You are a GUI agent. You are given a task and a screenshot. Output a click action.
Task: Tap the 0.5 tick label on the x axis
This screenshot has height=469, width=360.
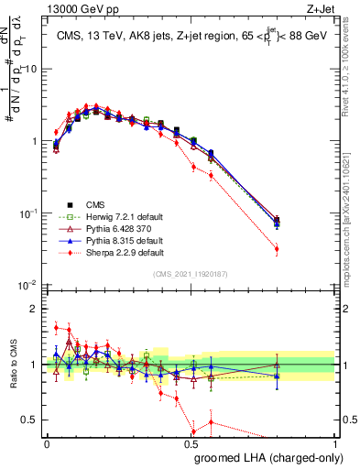pyautogui.click(x=191, y=442)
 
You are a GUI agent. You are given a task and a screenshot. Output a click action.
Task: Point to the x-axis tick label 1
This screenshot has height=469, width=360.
pyautogui.click(x=336, y=442)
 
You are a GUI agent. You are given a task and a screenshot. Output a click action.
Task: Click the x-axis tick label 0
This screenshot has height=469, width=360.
pyautogui.click(x=47, y=442)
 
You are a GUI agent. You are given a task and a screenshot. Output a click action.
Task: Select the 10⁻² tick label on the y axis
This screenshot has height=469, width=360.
pyautogui.click(x=28, y=285)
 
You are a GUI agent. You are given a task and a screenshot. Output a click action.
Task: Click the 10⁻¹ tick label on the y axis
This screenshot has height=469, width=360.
pyautogui.click(x=28, y=213)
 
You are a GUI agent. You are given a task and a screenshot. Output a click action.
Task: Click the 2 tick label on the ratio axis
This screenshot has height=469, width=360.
pyautogui.click(x=37, y=309)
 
